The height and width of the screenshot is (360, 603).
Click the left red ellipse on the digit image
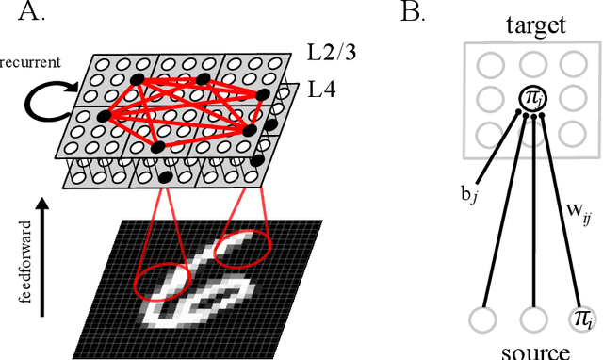point(163,280)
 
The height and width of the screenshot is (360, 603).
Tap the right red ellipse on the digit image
point(243,252)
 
